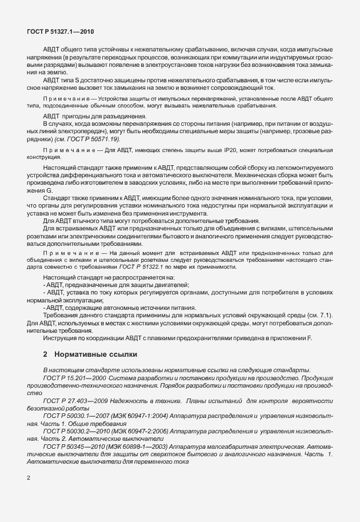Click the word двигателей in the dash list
(x=172, y=284)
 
